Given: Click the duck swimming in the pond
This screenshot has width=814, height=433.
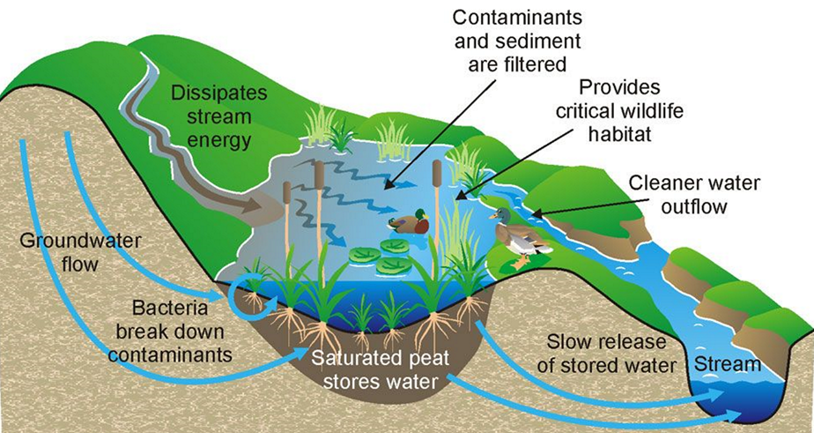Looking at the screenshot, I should [x=409, y=223].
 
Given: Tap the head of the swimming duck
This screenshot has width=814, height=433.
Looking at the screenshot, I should [x=421, y=214].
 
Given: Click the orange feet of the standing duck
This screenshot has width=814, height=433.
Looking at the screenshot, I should [x=520, y=259].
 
